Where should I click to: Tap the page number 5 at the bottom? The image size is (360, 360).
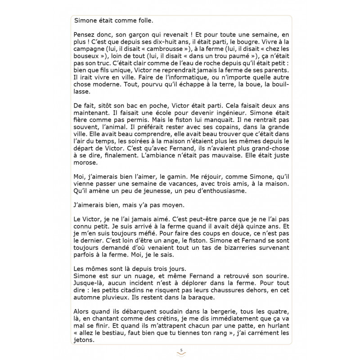click(180, 350)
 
